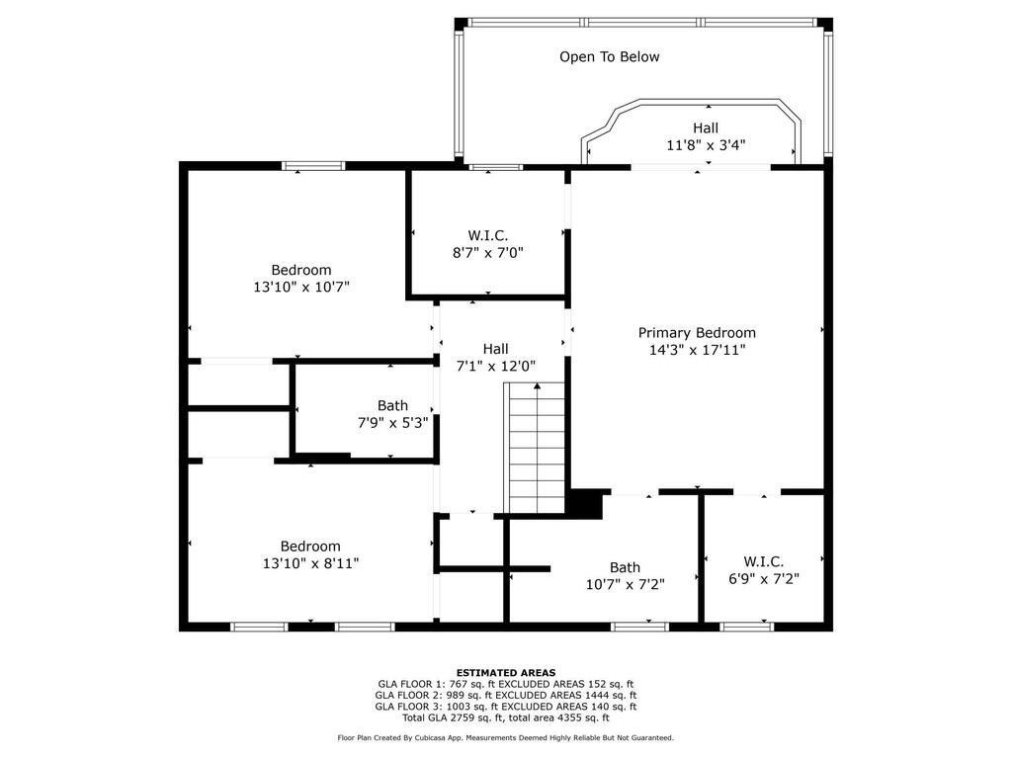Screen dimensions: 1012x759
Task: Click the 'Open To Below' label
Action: point(609,56)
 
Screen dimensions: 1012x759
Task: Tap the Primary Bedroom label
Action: point(697,333)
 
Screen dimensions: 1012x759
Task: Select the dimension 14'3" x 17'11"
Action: point(697,350)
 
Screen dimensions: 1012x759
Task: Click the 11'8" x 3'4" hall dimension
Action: point(706,145)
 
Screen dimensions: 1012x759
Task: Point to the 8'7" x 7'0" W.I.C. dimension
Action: point(488,252)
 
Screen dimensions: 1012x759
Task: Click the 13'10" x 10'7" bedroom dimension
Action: point(301,287)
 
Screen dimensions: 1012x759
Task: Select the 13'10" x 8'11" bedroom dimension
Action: point(310,563)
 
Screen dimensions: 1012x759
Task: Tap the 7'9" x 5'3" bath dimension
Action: point(393,423)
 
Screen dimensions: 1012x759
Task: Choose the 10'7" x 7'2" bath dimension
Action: point(626,585)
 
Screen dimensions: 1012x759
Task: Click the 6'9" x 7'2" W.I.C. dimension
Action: point(764,579)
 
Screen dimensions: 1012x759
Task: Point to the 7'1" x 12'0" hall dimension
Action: point(496,366)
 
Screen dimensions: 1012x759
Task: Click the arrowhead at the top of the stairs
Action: point(537,386)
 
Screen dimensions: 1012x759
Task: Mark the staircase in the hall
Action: point(535,448)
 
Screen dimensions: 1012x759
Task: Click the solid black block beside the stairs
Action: point(585,503)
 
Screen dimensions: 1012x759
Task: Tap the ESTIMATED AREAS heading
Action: point(506,672)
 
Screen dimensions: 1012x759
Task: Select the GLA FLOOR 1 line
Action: point(506,684)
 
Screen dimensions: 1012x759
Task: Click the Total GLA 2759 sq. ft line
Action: point(506,717)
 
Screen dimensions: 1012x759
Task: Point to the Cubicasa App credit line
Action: point(506,737)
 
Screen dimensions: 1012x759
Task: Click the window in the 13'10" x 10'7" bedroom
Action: point(313,166)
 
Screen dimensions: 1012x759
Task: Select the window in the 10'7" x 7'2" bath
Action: point(639,626)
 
